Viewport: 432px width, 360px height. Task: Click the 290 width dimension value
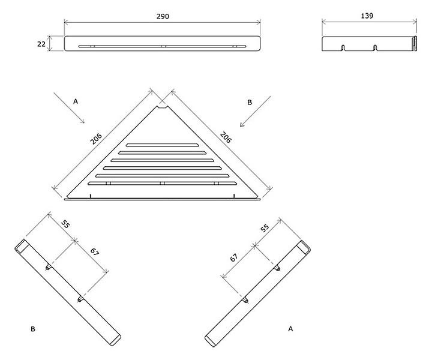point(163,17)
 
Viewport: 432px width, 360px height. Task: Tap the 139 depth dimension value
point(367,16)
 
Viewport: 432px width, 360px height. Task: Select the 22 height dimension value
point(41,44)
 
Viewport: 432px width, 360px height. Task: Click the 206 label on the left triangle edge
point(96,139)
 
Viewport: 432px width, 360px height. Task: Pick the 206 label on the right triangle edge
point(226,137)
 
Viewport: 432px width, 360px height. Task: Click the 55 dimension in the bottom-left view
point(65,224)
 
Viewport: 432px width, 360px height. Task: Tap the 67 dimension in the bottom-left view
point(95,252)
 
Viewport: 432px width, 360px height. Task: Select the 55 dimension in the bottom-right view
point(265,228)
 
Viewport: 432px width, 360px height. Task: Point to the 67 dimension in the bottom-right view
point(233,258)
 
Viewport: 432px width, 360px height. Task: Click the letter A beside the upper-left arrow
point(76,101)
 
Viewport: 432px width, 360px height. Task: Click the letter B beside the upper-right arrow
point(250,103)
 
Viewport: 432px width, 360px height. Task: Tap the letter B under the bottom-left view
point(33,329)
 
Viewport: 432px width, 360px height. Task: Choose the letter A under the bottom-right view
point(290,329)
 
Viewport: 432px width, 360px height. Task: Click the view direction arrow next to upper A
point(69,107)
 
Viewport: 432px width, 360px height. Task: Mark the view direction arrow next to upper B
point(256,111)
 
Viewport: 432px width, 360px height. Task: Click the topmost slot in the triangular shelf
point(162,145)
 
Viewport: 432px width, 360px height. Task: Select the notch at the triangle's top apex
point(163,107)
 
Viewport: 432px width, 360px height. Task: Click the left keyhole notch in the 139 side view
point(343,47)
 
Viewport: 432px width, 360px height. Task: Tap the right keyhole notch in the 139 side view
point(374,47)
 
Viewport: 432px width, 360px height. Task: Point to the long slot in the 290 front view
point(162,46)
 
